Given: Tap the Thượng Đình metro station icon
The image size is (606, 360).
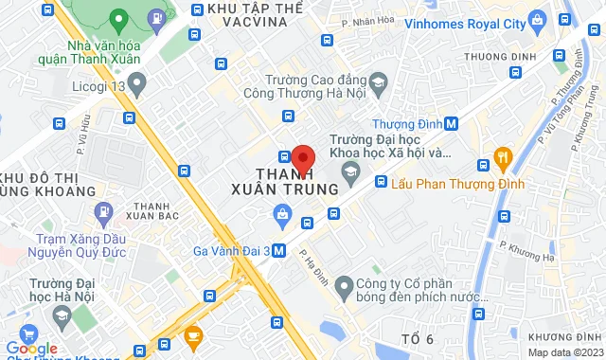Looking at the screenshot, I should pyautogui.click(x=452, y=123).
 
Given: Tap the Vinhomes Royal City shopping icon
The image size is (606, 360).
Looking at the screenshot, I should pyautogui.click(x=538, y=18).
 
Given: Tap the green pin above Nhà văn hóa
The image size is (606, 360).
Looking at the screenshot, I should pyautogui.click(x=117, y=18).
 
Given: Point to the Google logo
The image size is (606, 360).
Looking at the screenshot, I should pyautogui.click(x=32, y=347).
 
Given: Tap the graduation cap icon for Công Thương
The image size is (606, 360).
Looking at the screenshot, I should pyautogui.click(x=377, y=83).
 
